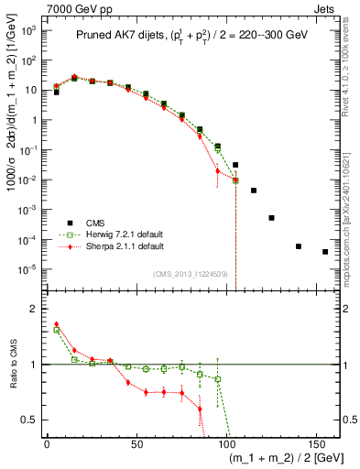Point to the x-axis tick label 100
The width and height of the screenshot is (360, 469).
tap(235, 443)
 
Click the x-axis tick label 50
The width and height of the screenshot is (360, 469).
tap(141, 443)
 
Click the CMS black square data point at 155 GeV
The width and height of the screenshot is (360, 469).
tap(325, 252)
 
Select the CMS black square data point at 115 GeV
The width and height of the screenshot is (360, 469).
tap(254, 191)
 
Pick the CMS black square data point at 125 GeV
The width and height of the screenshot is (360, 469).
tap(271, 218)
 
